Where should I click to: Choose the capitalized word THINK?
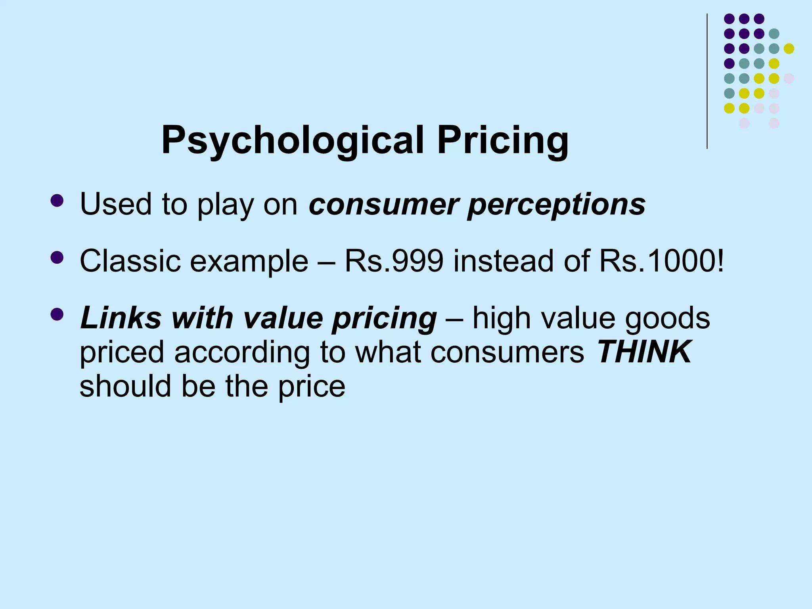[x=644, y=352]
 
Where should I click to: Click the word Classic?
[x=130, y=261]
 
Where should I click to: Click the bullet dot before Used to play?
[x=57, y=201]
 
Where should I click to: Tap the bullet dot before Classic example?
[x=57, y=258]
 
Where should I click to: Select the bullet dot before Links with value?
[x=57, y=315]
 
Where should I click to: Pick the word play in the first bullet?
[x=225, y=206]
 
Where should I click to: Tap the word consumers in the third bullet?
[x=507, y=352]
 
